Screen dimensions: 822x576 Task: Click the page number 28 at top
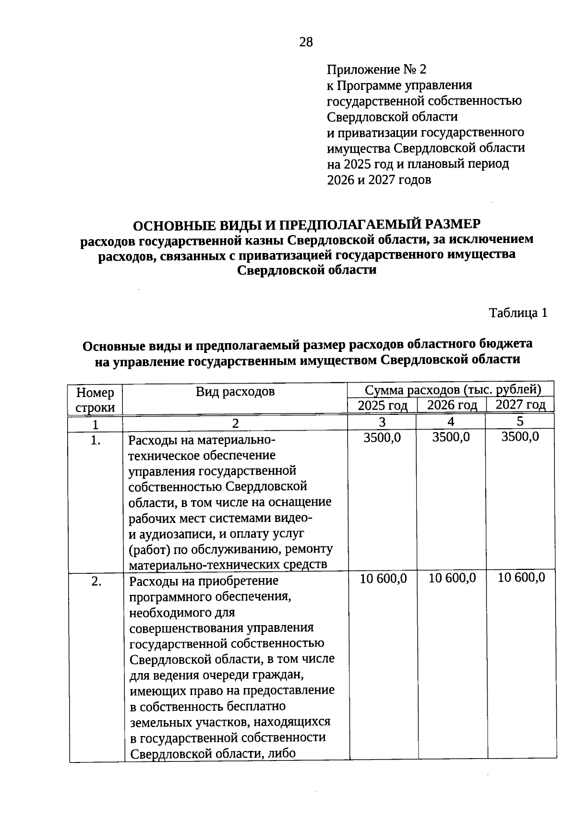tap(306, 43)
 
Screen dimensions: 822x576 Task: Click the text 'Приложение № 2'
tap(376, 70)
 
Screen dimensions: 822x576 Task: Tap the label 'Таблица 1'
tap(518, 313)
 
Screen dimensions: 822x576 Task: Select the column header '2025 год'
tap(383, 405)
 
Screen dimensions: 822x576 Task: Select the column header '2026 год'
tap(452, 405)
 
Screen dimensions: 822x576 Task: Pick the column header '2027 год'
tap(520, 404)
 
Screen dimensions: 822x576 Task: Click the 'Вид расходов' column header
tap(235, 392)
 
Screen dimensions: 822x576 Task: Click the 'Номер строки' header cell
tap(96, 400)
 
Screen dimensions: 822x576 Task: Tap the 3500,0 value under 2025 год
tap(382, 437)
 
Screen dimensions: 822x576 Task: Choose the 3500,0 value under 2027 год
tap(520, 436)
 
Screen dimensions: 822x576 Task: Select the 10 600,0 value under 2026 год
tap(452, 578)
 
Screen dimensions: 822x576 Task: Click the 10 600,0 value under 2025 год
tap(383, 579)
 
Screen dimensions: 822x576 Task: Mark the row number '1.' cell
tap(96, 440)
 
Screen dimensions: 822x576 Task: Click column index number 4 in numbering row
tap(451, 422)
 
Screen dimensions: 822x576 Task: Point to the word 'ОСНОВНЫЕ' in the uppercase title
tap(173, 225)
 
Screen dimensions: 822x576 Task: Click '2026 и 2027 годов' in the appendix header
tap(379, 181)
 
